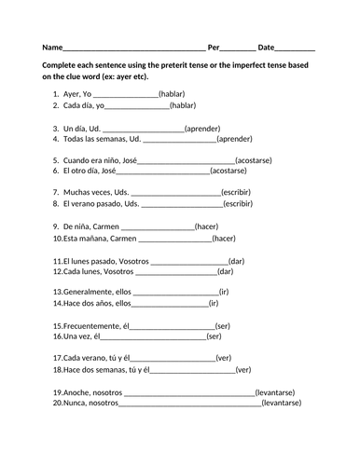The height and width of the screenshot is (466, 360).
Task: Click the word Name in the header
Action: click(52, 47)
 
